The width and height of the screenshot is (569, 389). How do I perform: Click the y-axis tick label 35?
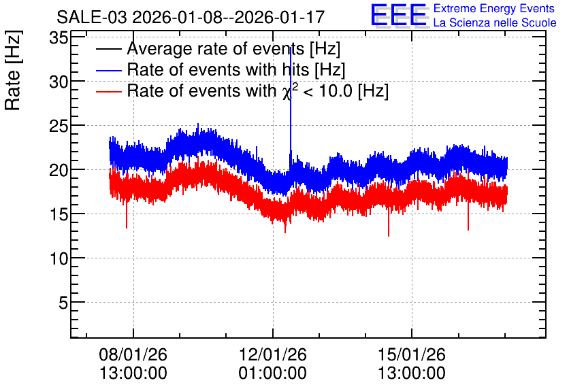coord(59,37)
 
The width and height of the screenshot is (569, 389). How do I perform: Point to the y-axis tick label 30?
coord(59,82)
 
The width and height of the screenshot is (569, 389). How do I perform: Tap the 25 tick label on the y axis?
coord(59,126)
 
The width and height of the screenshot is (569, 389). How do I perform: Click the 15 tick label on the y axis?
coord(59,215)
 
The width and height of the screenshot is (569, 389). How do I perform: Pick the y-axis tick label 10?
coord(59,259)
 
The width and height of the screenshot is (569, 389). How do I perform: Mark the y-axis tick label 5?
coord(63,303)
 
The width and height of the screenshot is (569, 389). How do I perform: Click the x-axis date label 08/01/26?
coord(133,354)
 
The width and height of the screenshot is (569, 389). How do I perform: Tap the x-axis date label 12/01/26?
coord(272,354)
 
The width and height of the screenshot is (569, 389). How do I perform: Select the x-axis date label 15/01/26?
coord(412,354)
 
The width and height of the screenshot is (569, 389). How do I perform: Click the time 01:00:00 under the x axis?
coord(272,373)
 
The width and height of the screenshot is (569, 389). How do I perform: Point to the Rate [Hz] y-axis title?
coord(13,71)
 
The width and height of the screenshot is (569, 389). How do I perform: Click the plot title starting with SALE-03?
coord(191,17)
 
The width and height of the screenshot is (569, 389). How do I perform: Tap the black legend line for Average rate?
coord(108,49)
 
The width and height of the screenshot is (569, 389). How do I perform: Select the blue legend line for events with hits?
coord(108,70)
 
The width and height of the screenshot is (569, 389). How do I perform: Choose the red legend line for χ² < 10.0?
coord(108,91)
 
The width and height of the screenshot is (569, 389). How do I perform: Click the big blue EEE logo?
coord(399,16)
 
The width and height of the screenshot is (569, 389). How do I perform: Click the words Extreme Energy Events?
coord(494,8)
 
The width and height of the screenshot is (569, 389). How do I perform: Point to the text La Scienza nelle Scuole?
coord(495,23)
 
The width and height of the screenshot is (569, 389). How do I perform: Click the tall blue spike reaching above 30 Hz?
coord(291,109)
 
